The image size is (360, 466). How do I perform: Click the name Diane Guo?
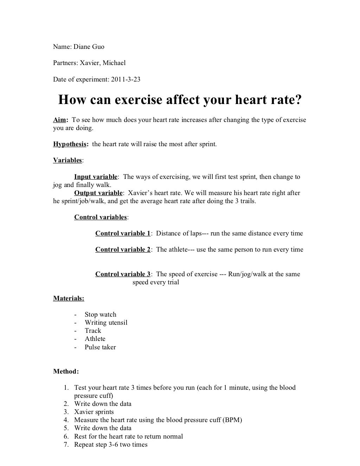click(x=89, y=47)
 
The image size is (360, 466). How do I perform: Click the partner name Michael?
click(x=114, y=63)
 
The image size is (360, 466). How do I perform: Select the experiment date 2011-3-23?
click(x=126, y=79)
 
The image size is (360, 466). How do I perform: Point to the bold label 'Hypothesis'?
click(x=70, y=144)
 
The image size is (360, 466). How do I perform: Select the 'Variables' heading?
click(x=67, y=160)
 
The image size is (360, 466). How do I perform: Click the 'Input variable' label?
click(x=96, y=177)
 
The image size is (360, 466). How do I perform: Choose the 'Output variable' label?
click(x=98, y=193)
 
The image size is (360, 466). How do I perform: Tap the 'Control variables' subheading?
click(x=101, y=217)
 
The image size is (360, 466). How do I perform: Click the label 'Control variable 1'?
click(x=123, y=233)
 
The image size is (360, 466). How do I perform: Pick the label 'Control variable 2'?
click(x=123, y=250)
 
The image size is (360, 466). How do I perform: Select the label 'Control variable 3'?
click(x=123, y=274)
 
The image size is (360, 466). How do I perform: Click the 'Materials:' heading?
click(x=69, y=298)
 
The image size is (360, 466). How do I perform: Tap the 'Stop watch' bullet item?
click(x=100, y=315)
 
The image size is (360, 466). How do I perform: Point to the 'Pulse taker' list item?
click(x=100, y=347)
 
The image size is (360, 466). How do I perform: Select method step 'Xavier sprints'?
click(x=94, y=412)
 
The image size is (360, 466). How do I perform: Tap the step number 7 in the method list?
click(x=66, y=445)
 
